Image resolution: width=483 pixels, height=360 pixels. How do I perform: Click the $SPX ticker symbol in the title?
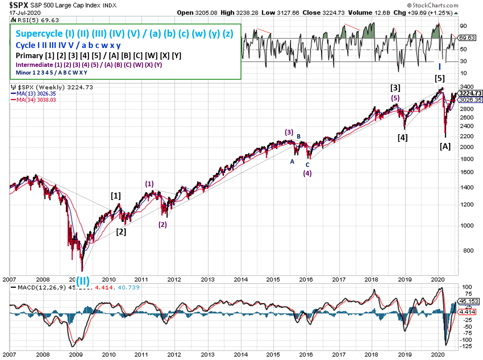(x=19, y=5)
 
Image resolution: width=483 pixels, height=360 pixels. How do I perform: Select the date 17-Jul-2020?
(x=25, y=13)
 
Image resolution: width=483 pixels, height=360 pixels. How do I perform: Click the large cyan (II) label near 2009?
(x=82, y=281)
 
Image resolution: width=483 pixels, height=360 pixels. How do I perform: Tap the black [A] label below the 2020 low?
(x=445, y=146)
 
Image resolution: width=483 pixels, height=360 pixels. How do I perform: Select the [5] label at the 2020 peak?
(x=439, y=78)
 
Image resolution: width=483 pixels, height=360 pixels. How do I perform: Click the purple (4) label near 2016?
(x=307, y=173)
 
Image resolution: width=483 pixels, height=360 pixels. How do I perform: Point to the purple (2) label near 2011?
(x=162, y=224)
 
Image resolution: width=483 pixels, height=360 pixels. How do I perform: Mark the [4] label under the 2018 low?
(x=402, y=137)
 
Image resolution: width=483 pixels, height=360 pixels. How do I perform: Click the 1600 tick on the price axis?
(x=466, y=172)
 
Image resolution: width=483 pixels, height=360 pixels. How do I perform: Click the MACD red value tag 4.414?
(x=467, y=312)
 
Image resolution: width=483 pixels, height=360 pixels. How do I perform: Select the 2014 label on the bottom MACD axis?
(x=241, y=355)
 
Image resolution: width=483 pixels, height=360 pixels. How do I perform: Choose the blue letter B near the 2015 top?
(x=299, y=136)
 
